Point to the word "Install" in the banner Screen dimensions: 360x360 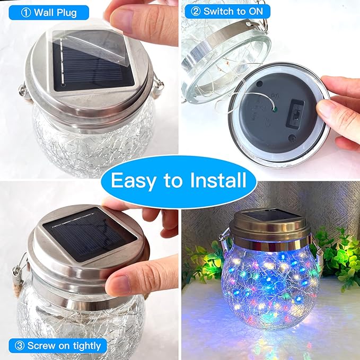[215, 180]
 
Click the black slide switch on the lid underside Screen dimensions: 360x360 [297, 114]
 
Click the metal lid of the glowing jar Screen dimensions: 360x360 [270, 228]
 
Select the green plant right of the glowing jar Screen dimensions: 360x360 [339, 260]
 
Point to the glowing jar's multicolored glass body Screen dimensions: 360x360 [270, 286]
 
